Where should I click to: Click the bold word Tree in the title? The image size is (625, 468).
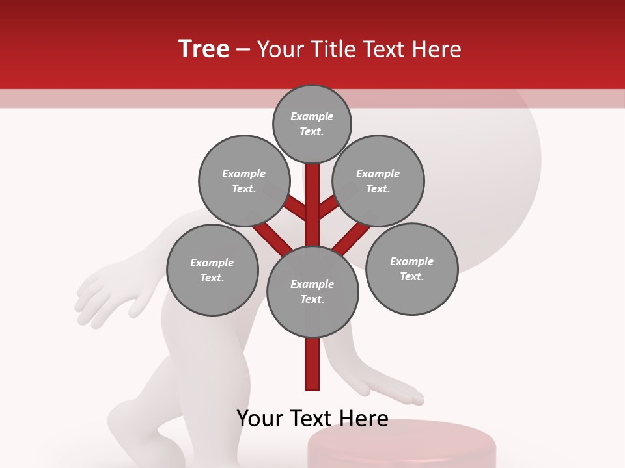tap(204, 49)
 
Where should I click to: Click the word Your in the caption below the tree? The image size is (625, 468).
tap(260, 418)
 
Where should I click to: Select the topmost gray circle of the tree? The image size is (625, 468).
tap(312, 123)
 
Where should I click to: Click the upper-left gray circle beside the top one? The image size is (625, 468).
tap(244, 181)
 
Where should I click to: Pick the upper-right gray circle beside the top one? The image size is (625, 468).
tap(378, 181)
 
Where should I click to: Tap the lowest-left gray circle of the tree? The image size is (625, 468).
tap(212, 270)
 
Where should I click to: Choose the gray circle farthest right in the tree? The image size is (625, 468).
tap(412, 268)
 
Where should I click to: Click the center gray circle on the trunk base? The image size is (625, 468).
tap(312, 291)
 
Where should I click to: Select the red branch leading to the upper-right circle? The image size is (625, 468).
tap(329, 207)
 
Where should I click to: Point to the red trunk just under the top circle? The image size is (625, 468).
tap(312, 182)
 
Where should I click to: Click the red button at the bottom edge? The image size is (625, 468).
tap(400, 448)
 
